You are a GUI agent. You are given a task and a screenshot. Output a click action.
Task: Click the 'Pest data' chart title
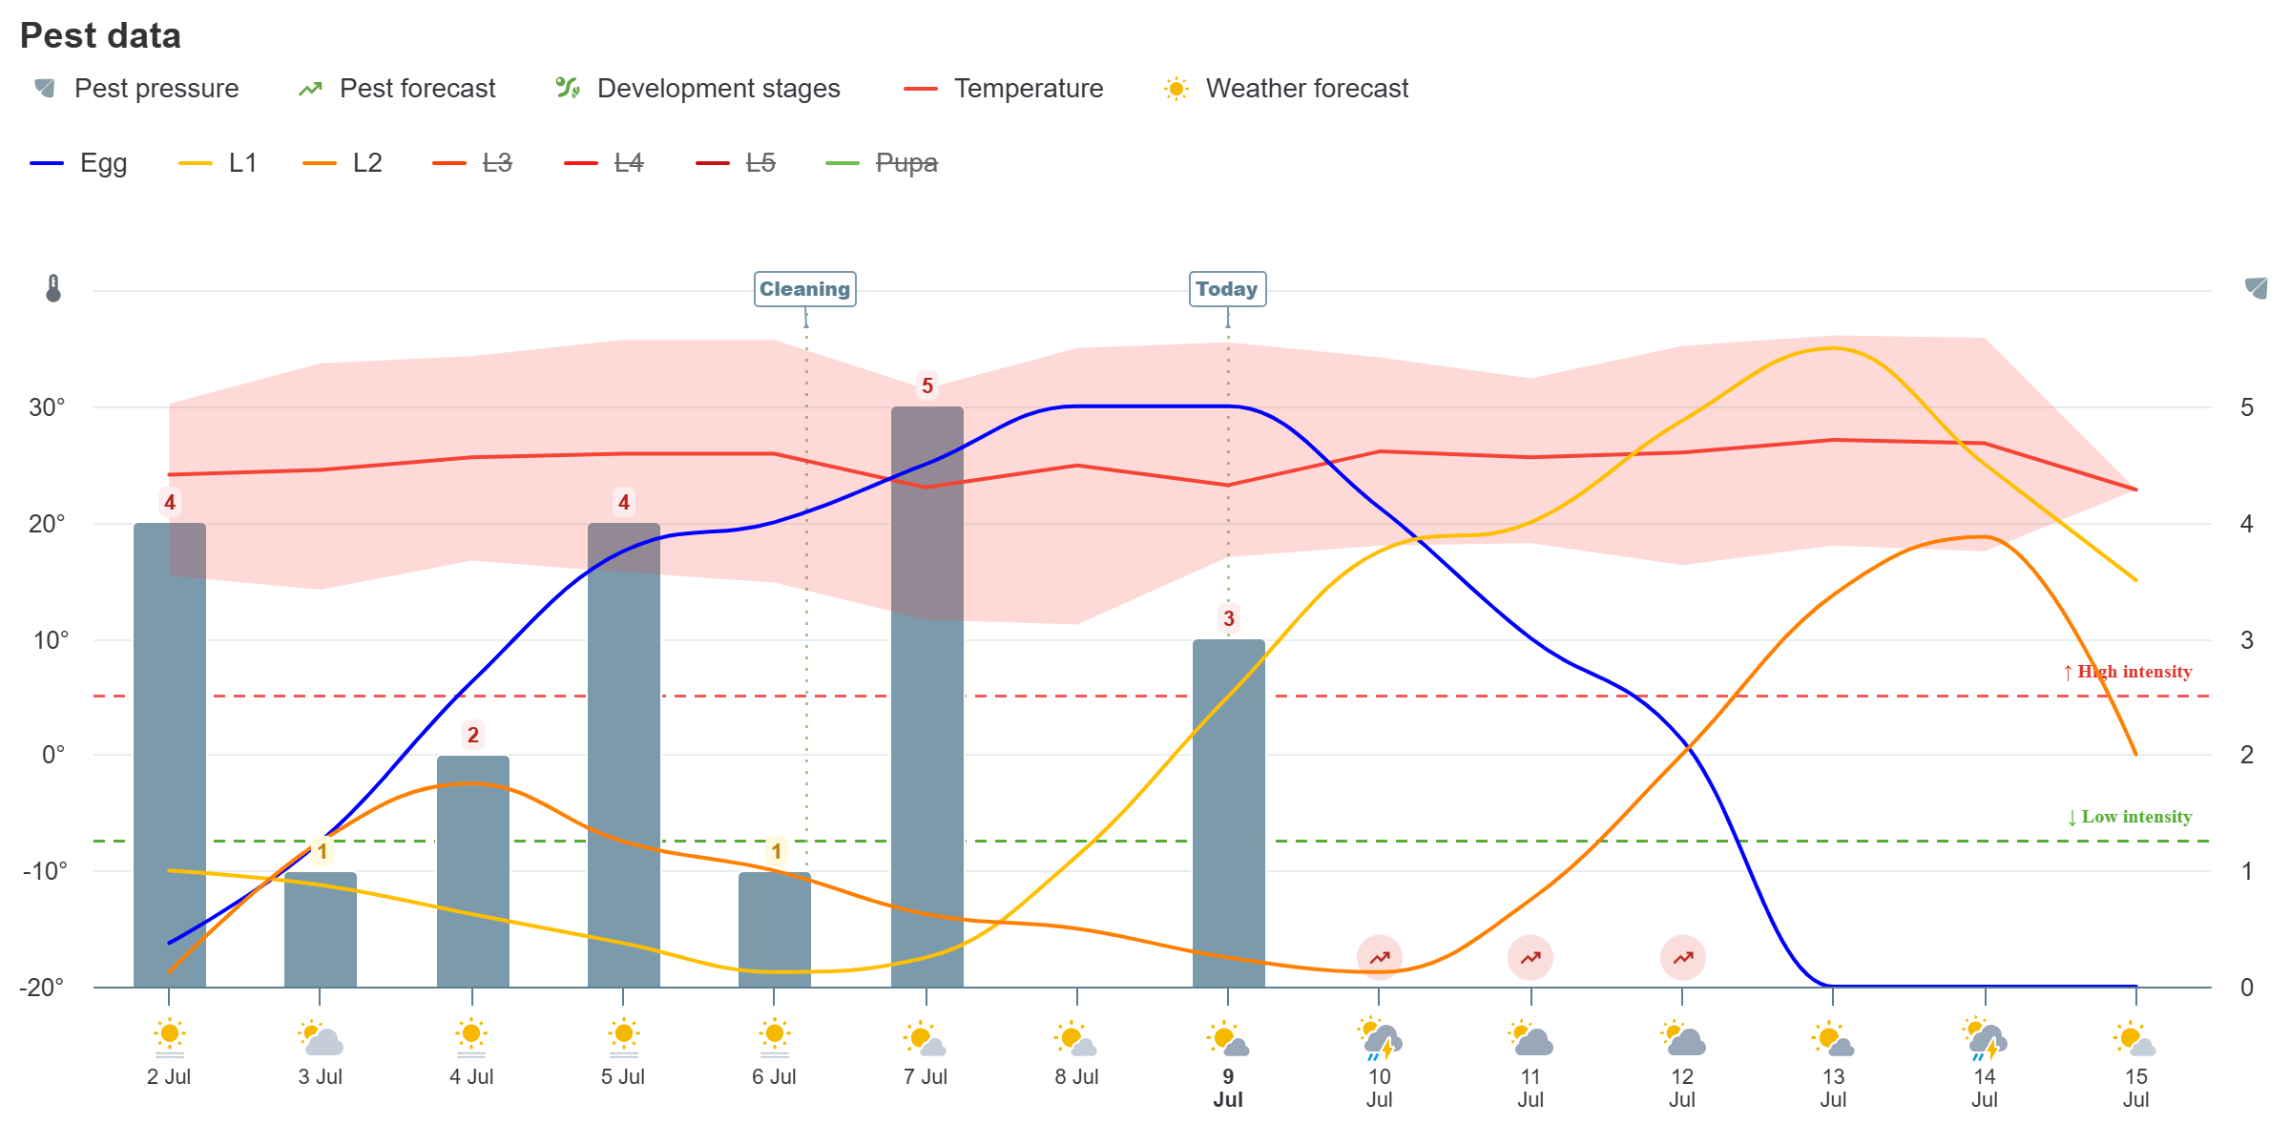(x=100, y=35)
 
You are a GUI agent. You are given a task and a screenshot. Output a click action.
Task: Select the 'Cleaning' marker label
(x=804, y=289)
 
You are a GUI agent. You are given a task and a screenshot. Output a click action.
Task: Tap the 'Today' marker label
(x=1227, y=289)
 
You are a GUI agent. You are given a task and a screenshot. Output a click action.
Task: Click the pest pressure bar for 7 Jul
(x=927, y=697)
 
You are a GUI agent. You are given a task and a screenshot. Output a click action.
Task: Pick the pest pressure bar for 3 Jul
(x=321, y=929)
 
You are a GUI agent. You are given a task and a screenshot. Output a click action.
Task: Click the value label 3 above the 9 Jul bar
(x=1229, y=618)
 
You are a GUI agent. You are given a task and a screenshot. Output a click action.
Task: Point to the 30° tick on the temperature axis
(x=47, y=407)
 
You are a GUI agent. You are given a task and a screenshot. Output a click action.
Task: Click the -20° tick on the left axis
(x=42, y=987)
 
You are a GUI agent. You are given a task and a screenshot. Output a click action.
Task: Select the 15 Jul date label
(x=2135, y=1088)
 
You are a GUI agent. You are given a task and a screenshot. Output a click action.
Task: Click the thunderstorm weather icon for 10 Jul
(x=1380, y=1039)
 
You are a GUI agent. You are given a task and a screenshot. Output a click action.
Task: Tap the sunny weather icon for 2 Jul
(x=170, y=1038)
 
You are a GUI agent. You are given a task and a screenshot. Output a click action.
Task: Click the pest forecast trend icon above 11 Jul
(x=1530, y=957)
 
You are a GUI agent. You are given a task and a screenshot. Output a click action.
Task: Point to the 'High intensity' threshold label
(x=2127, y=672)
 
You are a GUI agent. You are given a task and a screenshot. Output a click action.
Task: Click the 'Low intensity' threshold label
(x=2129, y=817)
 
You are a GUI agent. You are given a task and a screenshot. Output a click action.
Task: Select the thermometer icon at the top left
(x=53, y=288)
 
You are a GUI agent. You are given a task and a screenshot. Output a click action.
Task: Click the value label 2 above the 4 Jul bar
(x=473, y=735)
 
